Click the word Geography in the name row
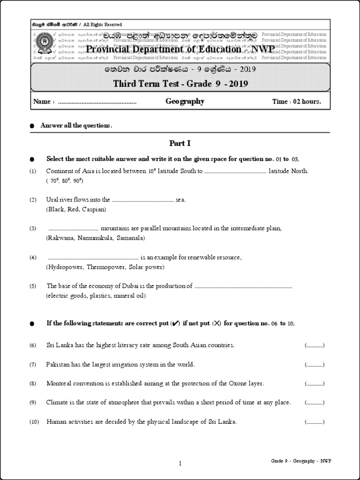point(185,101)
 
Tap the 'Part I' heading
point(180,143)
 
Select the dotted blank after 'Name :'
point(97,102)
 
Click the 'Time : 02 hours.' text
point(297,102)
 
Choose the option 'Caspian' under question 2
point(95,209)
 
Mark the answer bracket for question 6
point(314,345)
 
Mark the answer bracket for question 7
point(314,364)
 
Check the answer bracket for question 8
point(314,383)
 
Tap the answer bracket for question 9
point(314,403)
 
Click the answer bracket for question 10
point(314,422)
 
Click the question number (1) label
point(33,172)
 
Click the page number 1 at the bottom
point(180,464)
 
